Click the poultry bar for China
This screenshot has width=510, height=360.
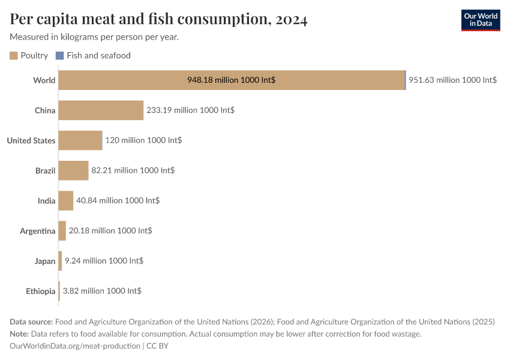click(101, 110)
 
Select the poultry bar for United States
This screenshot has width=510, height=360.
click(80, 140)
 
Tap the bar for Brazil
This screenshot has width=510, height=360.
click(73, 170)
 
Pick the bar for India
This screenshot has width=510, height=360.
click(66, 200)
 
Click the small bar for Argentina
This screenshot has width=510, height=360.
click(62, 230)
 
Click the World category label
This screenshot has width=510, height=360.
click(44, 80)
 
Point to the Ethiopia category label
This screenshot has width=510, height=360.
click(41, 291)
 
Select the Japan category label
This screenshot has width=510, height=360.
click(45, 261)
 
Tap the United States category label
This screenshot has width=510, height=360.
click(31, 140)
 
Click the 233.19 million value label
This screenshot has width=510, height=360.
click(190, 110)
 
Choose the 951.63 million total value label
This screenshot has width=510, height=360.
click(452, 80)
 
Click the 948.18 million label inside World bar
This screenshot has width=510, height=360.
click(232, 80)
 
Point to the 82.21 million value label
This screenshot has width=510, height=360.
click(133, 170)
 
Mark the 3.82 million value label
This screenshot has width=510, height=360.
click(102, 291)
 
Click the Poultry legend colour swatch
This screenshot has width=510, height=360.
click(14, 56)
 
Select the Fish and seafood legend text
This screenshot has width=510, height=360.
click(98, 56)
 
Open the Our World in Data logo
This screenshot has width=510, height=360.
click(480, 20)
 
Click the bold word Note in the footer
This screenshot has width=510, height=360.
click(19, 334)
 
